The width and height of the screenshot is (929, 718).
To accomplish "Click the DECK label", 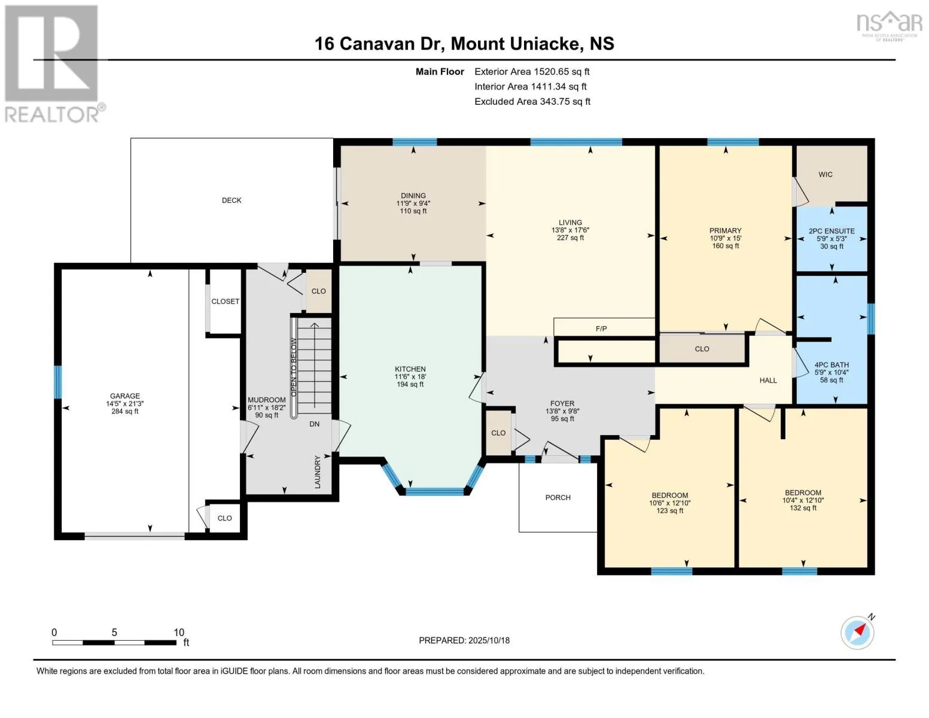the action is [x=232, y=200].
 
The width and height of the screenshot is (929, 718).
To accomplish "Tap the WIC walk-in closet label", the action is [x=825, y=175].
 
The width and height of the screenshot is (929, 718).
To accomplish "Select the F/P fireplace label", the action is [x=601, y=328].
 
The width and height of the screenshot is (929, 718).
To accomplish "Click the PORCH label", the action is [x=558, y=497].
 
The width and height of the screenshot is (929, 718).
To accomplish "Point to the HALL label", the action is [x=768, y=380].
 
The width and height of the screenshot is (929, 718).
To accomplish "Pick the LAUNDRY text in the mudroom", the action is [x=317, y=471].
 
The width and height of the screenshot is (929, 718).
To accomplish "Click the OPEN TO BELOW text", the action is [x=294, y=367].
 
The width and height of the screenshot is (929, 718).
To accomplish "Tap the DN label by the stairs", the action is [x=314, y=424].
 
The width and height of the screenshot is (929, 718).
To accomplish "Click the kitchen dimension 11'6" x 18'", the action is [x=410, y=377].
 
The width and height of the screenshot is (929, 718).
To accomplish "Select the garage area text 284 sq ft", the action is [x=125, y=412].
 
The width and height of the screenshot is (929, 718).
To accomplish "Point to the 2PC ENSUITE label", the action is [x=831, y=231].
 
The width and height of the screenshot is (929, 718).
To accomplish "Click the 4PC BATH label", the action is [x=831, y=365].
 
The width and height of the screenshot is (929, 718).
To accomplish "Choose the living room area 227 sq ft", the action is [x=570, y=238].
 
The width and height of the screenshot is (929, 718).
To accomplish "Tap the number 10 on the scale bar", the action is [x=179, y=632].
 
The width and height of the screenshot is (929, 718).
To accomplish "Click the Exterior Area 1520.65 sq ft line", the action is [x=532, y=72].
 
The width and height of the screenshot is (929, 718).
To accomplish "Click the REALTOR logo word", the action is [x=53, y=115].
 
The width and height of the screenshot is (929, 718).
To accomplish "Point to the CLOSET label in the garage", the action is [x=226, y=302].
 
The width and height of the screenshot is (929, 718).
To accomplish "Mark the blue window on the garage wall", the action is [x=57, y=382].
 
